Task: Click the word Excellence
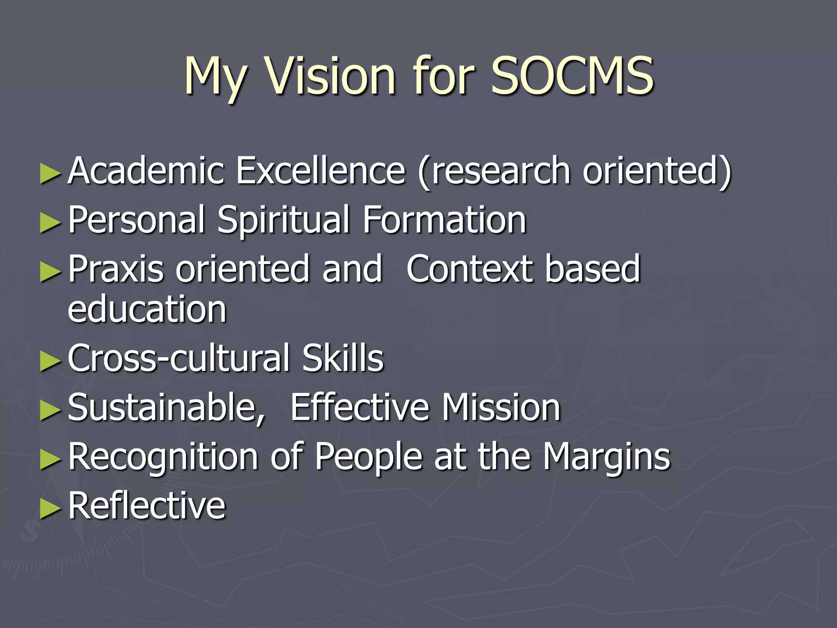(321, 171)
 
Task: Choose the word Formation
(444, 220)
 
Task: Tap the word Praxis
(116, 269)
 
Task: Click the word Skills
(343, 358)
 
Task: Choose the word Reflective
(147, 505)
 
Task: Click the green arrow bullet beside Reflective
(50, 508)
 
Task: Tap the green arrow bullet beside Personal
(50, 223)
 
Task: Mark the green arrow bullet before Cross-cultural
(50, 361)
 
